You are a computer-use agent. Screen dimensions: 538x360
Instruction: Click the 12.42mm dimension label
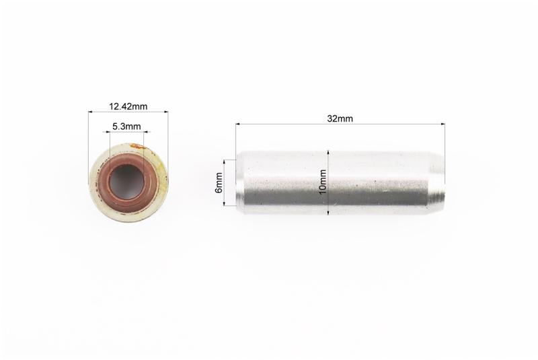tap(128, 107)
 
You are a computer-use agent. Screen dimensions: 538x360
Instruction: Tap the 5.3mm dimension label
tap(126, 127)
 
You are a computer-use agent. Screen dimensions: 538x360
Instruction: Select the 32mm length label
tap(340, 118)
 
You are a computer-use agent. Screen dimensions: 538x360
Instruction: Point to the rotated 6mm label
tap(219, 182)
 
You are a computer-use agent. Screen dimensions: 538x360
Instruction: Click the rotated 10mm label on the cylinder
tap(323, 182)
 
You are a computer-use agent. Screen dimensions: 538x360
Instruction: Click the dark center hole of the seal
tap(125, 182)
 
